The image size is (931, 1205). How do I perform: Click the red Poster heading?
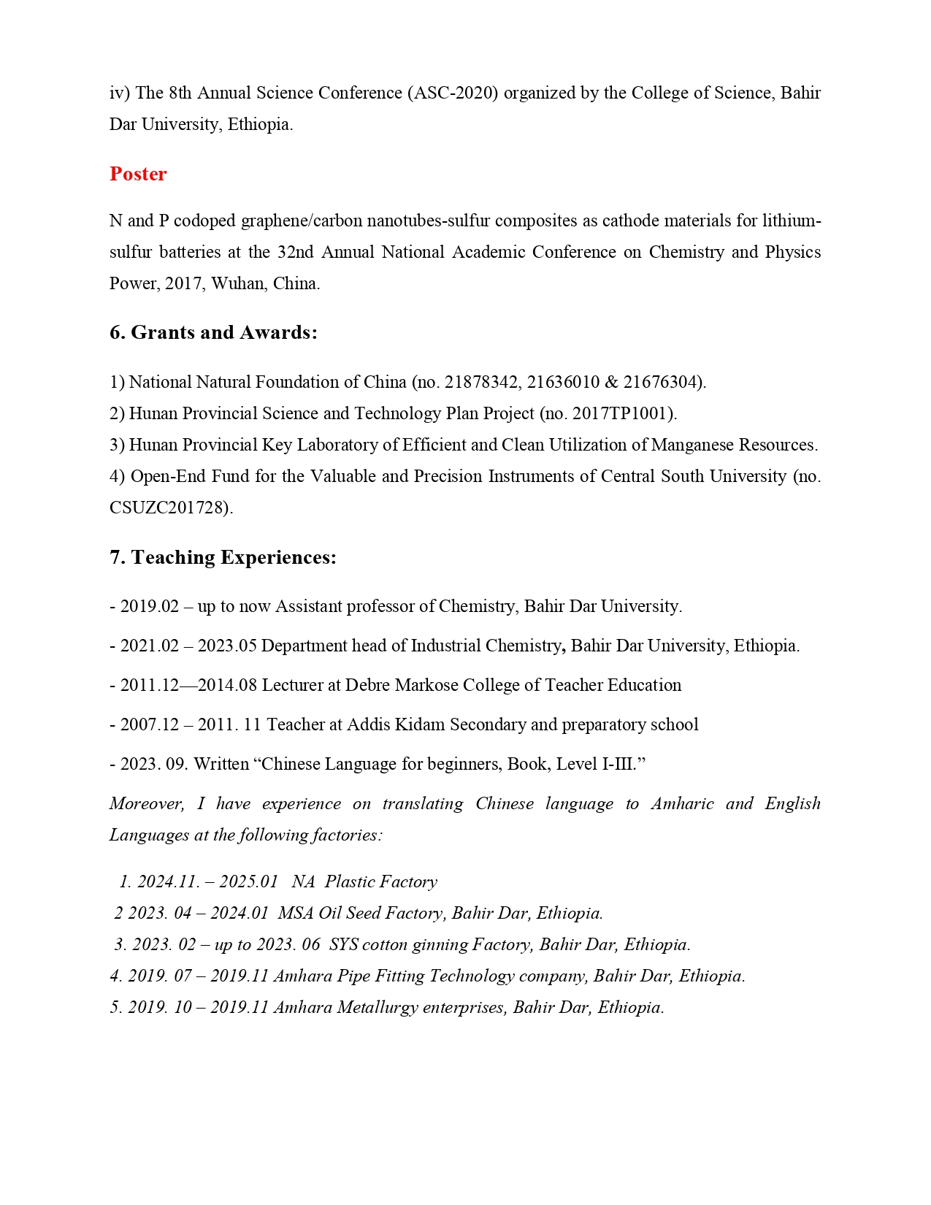click(x=138, y=174)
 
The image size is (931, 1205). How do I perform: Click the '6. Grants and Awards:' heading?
click(x=213, y=332)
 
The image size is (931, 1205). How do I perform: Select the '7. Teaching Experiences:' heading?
click(x=223, y=557)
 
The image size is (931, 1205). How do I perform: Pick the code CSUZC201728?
click(x=169, y=508)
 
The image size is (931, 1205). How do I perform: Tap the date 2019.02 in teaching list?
click(x=150, y=606)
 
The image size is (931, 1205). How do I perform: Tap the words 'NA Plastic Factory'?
click(x=364, y=881)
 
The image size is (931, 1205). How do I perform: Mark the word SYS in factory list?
click(x=343, y=944)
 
